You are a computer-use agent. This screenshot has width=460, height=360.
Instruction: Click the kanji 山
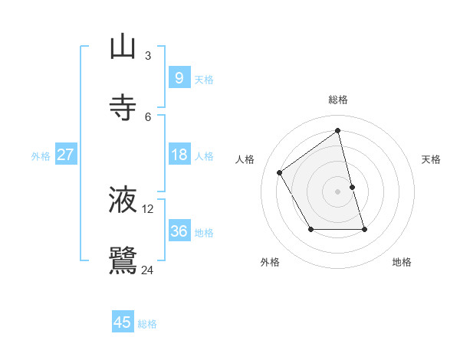tap(123, 47)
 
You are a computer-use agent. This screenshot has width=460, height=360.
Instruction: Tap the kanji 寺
tap(123, 108)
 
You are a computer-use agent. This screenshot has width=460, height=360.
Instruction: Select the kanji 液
tap(123, 200)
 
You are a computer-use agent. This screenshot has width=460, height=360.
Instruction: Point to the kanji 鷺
tap(123, 260)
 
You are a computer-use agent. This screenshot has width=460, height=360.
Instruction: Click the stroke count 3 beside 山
tap(148, 56)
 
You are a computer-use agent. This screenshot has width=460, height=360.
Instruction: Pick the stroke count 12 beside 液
tap(148, 208)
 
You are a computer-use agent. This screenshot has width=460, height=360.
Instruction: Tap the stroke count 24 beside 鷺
tap(148, 270)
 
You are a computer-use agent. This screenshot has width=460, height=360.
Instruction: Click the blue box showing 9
tap(179, 77)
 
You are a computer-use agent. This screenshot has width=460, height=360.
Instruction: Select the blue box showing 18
tap(179, 155)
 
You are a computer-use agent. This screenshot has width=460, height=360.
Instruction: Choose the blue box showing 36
tap(179, 231)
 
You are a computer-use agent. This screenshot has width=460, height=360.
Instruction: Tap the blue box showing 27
tap(65, 155)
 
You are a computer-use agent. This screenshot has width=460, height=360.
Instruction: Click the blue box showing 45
tap(123, 322)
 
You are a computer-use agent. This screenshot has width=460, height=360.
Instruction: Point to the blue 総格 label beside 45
tap(147, 324)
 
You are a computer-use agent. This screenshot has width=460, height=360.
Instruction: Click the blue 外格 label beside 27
tap(41, 156)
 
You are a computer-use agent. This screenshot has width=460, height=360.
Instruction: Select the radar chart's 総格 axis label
tap(338, 100)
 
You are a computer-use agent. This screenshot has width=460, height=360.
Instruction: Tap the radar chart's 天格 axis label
tap(432, 159)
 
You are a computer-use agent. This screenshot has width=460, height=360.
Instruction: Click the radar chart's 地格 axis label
tap(402, 262)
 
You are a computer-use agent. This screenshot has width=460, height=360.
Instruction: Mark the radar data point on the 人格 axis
tap(280, 173)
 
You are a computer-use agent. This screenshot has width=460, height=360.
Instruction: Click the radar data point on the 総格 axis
tap(338, 131)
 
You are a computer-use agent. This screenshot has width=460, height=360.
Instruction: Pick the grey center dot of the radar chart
tap(338, 191)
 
